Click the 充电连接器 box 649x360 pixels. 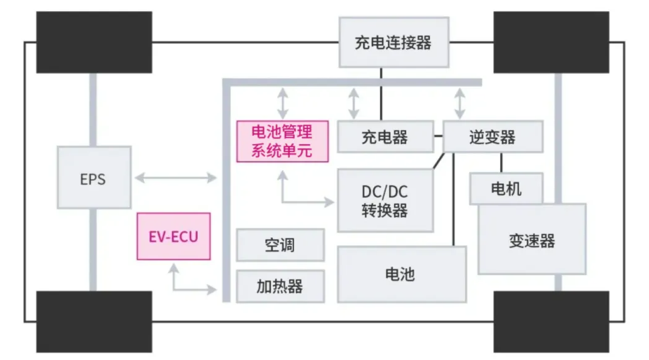point(393,42)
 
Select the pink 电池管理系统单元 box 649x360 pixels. point(282,142)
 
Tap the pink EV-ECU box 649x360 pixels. point(174,236)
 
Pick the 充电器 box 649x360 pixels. point(385,137)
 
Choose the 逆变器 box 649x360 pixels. point(493,137)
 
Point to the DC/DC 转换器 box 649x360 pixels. point(385,200)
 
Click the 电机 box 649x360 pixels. point(506,189)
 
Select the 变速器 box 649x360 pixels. point(532,240)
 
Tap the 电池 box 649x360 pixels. point(401,274)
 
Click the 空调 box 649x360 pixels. point(280,245)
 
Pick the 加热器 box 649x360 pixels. point(280,286)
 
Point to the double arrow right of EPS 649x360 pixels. point(176,179)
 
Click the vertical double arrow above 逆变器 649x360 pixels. point(460,103)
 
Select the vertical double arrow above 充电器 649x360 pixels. point(354,103)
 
